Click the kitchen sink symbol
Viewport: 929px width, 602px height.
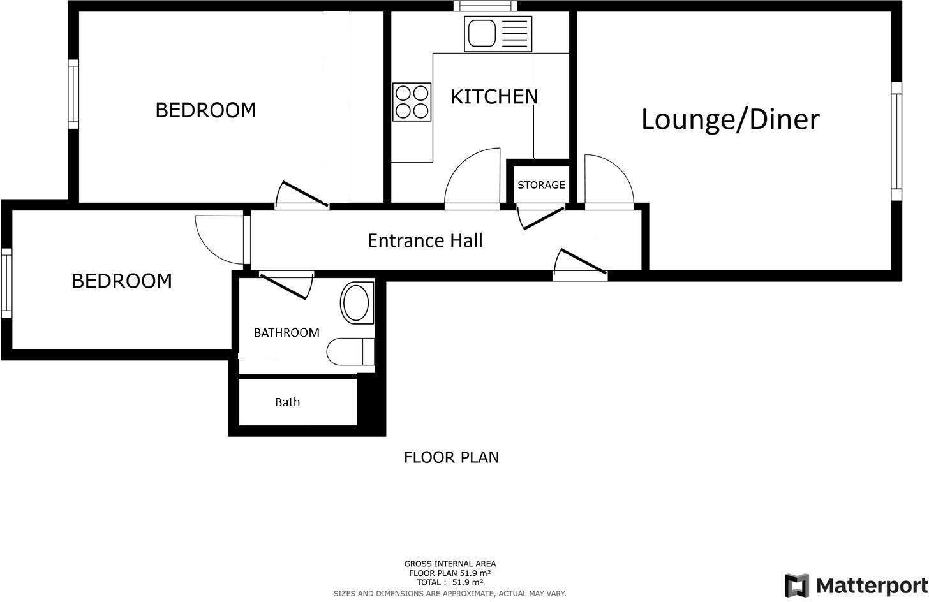click(498, 33)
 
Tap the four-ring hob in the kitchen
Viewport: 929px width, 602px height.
click(412, 102)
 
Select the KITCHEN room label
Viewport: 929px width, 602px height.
click(494, 96)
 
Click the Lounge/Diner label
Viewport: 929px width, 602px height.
click(730, 120)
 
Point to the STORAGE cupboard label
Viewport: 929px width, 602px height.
click(541, 185)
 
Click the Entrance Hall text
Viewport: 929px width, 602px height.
click(425, 240)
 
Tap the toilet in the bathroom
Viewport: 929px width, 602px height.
click(350, 351)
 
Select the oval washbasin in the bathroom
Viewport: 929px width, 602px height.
click(357, 302)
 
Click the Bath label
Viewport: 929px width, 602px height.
click(287, 402)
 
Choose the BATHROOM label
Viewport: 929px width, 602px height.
click(286, 332)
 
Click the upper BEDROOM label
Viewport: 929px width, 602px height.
click(205, 110)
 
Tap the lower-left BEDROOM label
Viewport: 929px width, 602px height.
click(121, 281)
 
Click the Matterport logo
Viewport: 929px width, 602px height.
click(856, 585)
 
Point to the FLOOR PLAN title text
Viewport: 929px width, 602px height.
click(451, 457)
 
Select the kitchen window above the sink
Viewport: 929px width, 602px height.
click(485, 6)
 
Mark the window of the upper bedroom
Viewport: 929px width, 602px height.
click(73, 94)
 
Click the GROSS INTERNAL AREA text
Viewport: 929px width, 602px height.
click(450, 564)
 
